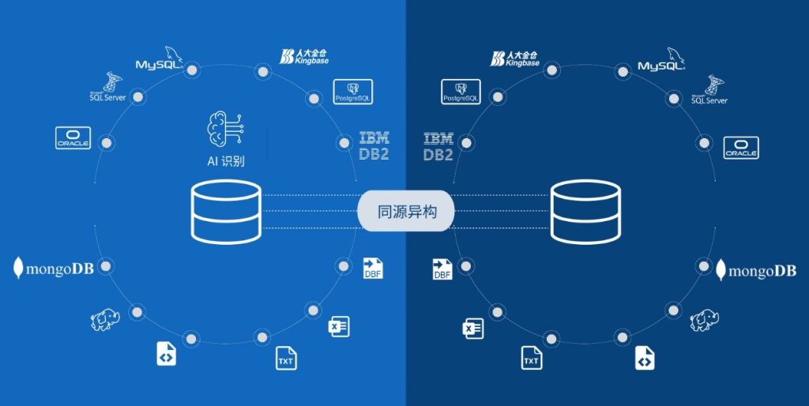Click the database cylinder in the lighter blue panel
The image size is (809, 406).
tap(226, 211)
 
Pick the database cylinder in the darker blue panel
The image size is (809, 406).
tap(586, 211)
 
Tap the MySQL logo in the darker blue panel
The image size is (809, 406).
tap(664, 61)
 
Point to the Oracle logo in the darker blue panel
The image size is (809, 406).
tap(741, 148)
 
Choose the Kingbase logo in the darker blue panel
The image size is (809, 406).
tap(514, 58)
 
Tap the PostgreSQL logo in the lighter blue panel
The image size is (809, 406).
tap(352, 92)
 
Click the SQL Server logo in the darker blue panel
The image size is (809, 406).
tap(709, 91)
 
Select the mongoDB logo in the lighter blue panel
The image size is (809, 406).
tap(54, 269)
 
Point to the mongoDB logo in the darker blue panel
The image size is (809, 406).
tap(756, 271)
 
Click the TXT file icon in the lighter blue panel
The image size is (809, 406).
tap(285, 358)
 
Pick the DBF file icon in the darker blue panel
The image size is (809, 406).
tap(442, 269)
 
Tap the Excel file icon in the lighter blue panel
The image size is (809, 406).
tap(338, 325)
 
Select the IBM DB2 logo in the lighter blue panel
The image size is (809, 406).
tap(374, 146)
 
